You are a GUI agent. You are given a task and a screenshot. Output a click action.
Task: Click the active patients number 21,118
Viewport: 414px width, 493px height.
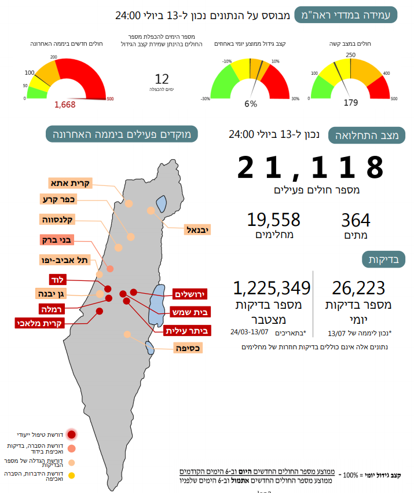tap(310, 167)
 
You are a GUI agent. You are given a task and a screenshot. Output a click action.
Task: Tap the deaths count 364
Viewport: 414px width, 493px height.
tap(356, 220)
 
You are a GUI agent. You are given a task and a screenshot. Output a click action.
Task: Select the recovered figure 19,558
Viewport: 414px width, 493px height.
tap(273, 220)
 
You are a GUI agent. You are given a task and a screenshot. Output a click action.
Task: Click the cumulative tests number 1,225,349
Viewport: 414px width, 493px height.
tap(272, 288)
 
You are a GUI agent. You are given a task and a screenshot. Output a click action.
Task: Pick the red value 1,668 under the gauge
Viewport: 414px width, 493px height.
tap(65, 104)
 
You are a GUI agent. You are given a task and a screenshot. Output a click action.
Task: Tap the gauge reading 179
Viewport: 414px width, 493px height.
tap(351, 103)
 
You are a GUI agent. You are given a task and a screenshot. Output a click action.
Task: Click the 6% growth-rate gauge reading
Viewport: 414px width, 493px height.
tap(250, 104)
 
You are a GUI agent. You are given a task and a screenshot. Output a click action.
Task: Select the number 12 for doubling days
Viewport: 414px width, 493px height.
tap(162, 79)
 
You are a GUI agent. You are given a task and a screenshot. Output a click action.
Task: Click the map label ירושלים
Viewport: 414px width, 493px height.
tap(190, 294)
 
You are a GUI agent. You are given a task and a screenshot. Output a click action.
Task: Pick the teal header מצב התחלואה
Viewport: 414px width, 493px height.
tap(367, 136)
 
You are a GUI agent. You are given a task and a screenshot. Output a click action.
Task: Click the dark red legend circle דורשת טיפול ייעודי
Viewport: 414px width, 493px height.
tap(71, 434)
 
